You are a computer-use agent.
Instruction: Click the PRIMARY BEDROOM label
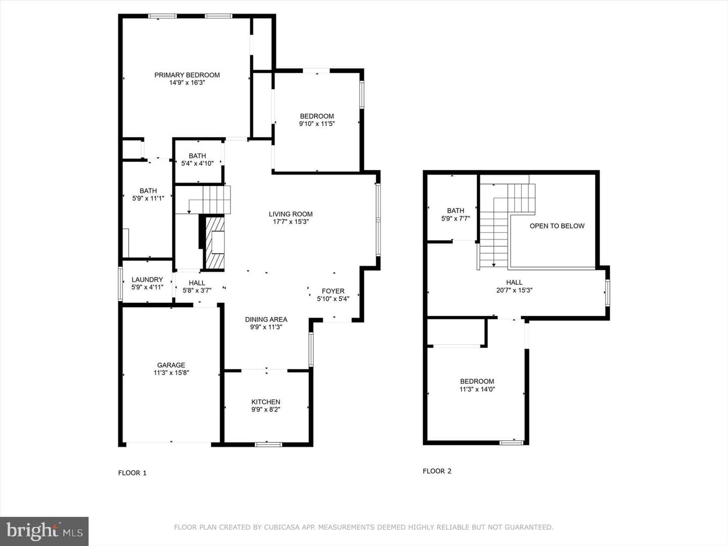[187, 75]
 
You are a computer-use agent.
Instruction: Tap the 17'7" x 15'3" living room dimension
[291, 222]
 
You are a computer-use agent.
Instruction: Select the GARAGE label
[171, 365]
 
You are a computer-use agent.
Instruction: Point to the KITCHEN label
[265, 402]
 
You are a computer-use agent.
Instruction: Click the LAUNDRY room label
[147, 280]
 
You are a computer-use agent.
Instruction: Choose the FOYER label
[333, 291]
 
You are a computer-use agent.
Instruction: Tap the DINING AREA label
[266, 320]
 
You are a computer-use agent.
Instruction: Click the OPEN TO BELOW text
[557, 226]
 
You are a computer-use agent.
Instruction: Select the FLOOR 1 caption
[132, 473]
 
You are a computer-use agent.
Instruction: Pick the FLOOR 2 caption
[437, 471]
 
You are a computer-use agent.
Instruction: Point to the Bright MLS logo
[44, 531]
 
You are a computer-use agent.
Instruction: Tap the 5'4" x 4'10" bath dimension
[197, 163]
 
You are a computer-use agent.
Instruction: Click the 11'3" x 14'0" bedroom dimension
[477, 389]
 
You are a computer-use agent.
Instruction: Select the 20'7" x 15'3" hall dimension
[514, 290]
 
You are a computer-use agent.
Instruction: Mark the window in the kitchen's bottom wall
[268, 444]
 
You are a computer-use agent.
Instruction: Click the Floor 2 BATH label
[456, 210]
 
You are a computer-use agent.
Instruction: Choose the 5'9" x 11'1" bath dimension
[148, 199]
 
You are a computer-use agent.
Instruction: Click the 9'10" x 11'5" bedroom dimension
[317, 124]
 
